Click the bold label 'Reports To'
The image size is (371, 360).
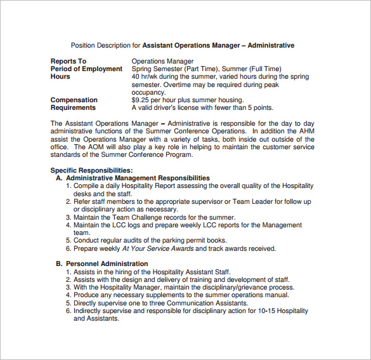68,61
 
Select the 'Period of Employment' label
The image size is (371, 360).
86,69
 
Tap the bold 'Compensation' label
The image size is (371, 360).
74,100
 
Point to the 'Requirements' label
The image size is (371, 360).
74,107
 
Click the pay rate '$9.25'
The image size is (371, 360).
141,100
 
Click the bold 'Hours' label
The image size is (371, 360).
61,76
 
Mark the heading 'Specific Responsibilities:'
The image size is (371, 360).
91,170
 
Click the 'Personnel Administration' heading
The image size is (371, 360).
107,263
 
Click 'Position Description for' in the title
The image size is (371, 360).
105,46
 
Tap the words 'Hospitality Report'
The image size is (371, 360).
153,186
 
